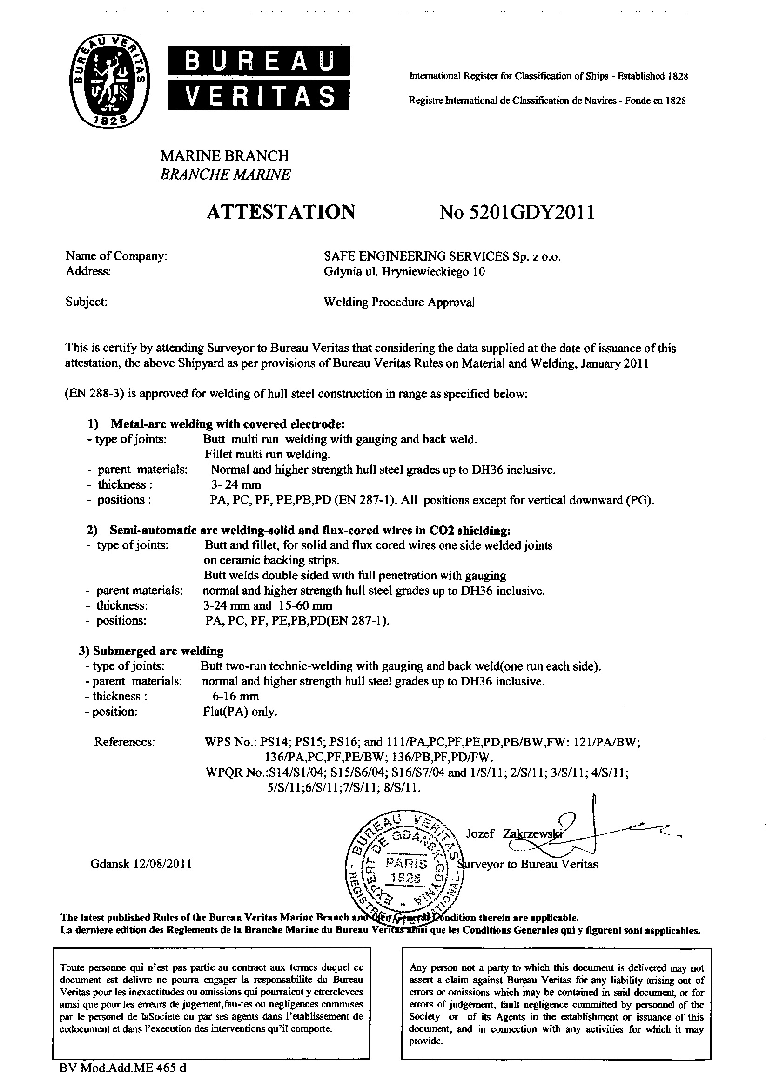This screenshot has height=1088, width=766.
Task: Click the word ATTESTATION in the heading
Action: pos(281,212)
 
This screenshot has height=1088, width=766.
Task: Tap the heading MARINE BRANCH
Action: pos(224,156)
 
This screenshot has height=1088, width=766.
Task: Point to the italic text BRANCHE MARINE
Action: pos(225,175)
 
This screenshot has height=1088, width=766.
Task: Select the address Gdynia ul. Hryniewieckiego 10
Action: pos(404,271)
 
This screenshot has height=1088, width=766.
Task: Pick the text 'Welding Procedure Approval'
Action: pos(399,302)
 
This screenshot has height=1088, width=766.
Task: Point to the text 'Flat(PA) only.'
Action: pos(239,711)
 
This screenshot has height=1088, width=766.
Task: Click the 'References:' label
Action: pos(125,742)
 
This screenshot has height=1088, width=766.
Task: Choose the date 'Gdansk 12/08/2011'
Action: pos(141,863)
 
